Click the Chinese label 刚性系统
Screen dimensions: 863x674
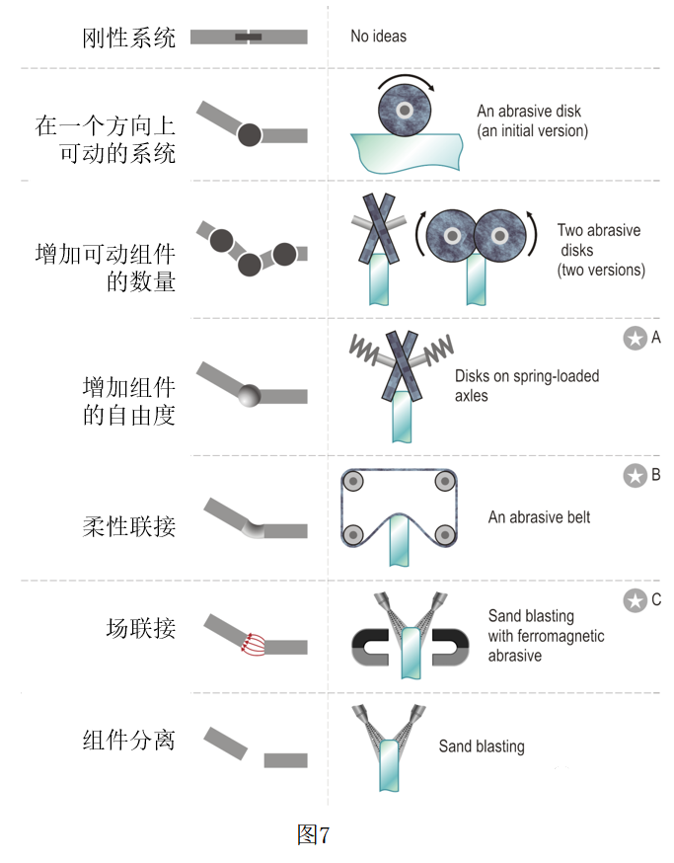[128, 39]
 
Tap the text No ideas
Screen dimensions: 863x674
[378, 37]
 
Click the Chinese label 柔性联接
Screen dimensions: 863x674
[128, 525]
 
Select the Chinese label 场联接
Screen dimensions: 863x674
[140, 627]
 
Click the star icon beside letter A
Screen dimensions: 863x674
[634, 339]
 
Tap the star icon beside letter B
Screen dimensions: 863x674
[634, 476]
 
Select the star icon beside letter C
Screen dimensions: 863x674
[634, 600]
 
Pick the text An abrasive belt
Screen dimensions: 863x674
[540, 517]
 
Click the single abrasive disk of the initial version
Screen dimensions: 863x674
[406, 111]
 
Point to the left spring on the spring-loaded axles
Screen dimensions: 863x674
[362, 346]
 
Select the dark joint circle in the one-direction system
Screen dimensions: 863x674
[249, 134]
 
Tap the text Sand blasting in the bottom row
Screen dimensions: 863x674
[481, 746]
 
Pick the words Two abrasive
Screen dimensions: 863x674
[598, 230]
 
